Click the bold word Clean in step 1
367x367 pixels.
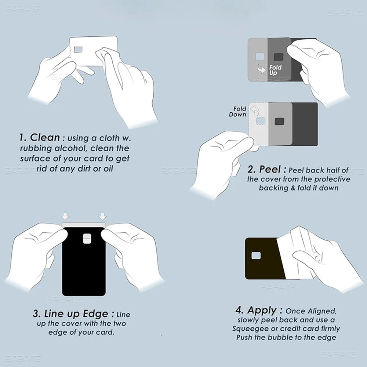[45, 138]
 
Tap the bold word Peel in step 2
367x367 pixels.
[270, 170]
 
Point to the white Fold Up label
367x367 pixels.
[275, 70]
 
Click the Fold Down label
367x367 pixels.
[237, 112]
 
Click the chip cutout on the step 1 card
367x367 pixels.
[79, 49]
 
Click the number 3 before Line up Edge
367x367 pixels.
[36, 314]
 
